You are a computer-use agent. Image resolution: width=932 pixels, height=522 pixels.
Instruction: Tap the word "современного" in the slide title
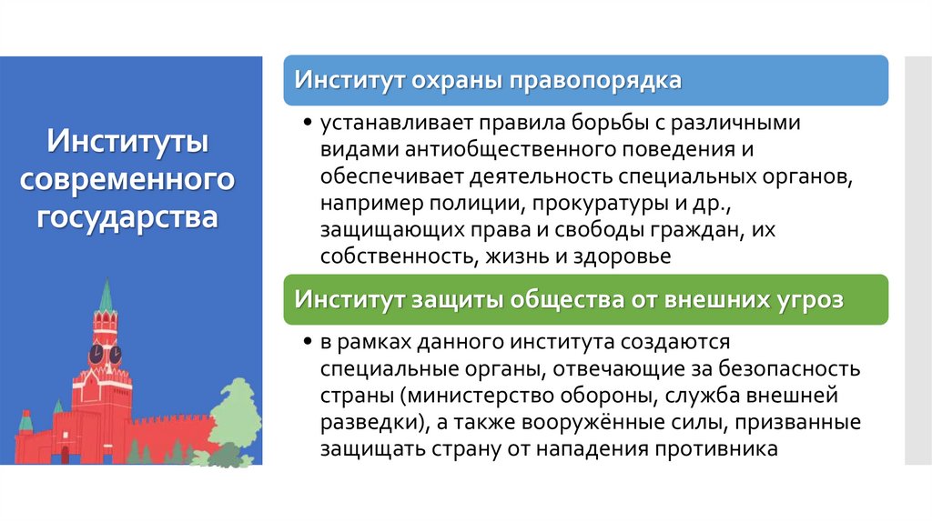128,179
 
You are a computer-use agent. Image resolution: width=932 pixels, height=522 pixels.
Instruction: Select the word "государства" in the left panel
128,218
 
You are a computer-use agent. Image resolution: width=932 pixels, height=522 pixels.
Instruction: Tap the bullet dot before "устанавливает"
310,123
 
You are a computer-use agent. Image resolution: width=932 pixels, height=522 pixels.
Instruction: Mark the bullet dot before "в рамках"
310,343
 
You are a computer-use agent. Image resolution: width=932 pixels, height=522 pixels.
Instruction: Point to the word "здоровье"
621,256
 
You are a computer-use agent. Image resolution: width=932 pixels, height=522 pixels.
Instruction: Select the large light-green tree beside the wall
236,414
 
